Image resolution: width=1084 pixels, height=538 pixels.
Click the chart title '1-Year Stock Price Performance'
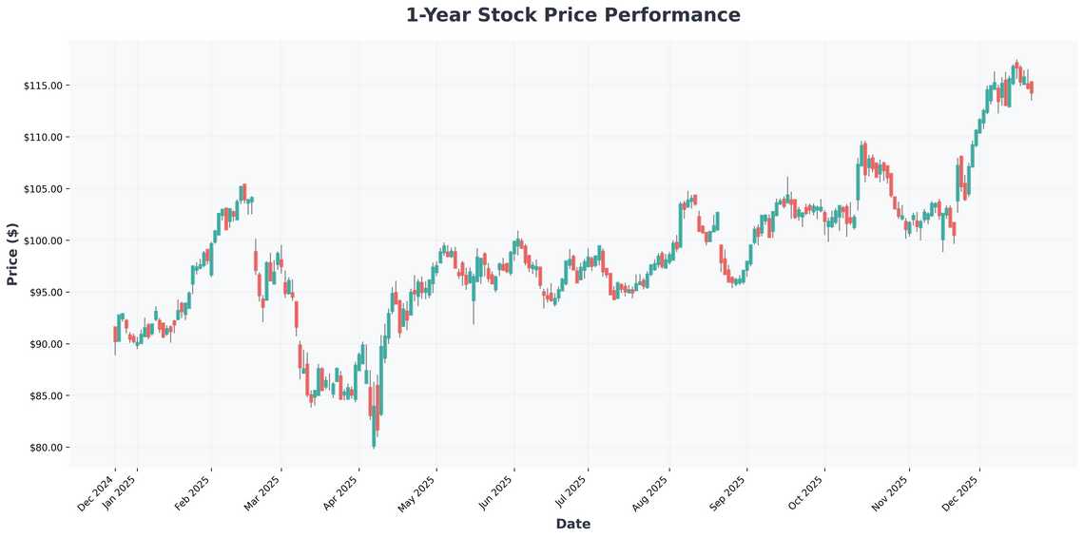click(572, 15)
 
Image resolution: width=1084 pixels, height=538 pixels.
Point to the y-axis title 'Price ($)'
click(12, 254)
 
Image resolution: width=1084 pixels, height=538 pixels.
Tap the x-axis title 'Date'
click(572, 524)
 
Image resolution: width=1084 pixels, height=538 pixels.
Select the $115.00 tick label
click(43, 86)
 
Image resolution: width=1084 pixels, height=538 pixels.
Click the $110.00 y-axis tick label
click(43, 137)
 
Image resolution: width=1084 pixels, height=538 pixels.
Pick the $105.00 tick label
click(43, 189)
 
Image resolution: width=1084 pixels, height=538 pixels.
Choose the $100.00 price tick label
click(43, 240)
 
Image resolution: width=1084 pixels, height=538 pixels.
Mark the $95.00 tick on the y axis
click(45, 292)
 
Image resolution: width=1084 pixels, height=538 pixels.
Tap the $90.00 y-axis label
click(45, 344)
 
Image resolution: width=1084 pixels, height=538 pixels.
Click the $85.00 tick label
click(45, 395)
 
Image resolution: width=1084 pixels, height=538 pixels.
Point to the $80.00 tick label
click(45, 447)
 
